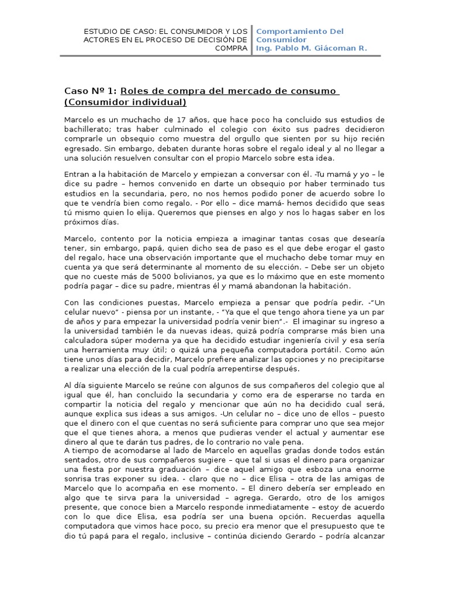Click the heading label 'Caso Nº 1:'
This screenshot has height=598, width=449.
point(91,91)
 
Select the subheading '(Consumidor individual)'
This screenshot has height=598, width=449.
point(125,103)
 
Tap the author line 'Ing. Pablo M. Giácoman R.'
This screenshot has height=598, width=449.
point(312,48)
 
